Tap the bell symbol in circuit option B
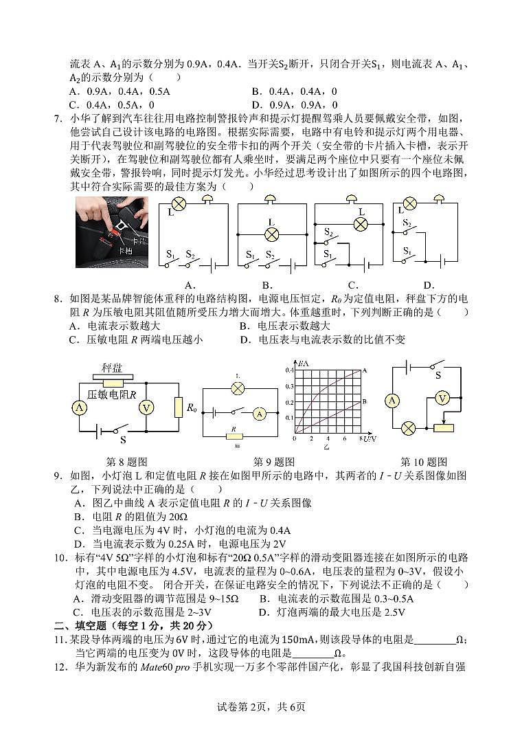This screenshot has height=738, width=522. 271,199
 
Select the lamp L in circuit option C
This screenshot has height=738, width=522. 359,224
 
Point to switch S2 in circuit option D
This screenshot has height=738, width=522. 408,227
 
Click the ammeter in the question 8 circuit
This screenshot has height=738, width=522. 79,407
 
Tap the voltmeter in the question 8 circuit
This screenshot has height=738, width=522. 146,407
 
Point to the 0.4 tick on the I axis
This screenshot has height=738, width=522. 289,370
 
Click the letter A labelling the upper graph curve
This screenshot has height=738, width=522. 364,370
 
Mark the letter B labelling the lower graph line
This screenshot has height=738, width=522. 364,401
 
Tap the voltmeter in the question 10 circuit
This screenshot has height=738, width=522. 443,399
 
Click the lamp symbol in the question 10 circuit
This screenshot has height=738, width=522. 408,428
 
